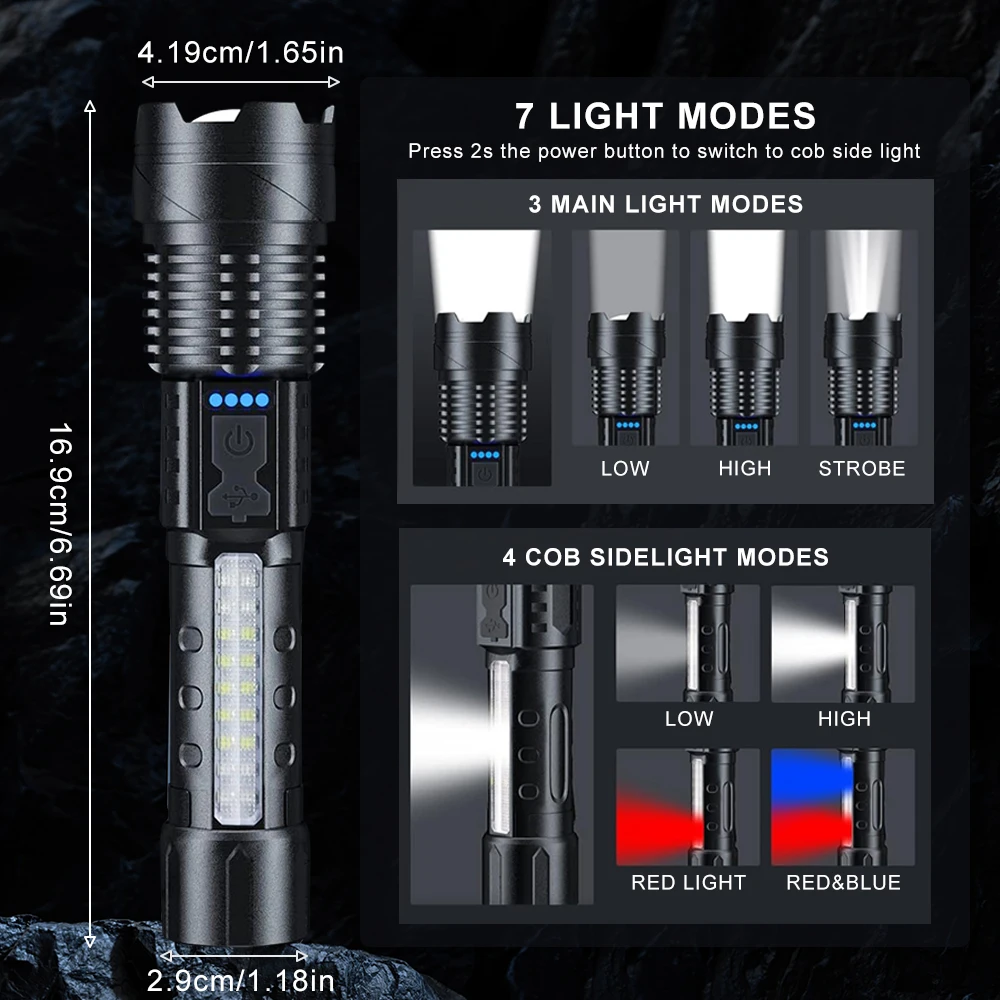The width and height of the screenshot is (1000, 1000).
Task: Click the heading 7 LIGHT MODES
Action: [x=665, y=116]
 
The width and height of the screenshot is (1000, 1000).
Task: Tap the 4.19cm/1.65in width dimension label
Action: [x=242, y=53]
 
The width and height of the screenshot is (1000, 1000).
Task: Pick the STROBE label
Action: [x=861, y=468]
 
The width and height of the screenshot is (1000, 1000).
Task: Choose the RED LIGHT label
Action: [x=688, y=882]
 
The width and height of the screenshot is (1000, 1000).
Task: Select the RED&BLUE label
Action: [x=843, y=882]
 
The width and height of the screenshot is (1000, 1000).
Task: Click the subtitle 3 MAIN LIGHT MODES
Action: [x=665, y=205]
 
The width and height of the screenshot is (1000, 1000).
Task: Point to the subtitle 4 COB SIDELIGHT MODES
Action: [x=665, y=557]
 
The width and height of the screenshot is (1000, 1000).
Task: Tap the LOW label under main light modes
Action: [x=625, y=468]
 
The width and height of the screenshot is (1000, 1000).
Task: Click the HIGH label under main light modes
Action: [x=744, y=468]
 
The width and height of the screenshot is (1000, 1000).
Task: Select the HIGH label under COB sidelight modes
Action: [x=843, y=718]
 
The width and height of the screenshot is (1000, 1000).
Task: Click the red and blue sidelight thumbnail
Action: [x=843, y=806]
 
